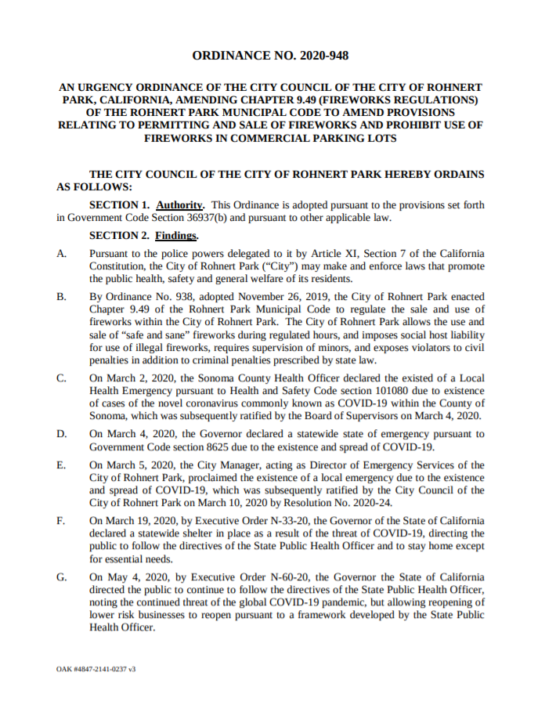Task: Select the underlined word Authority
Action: click(181, 205)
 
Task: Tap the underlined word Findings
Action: click(176, 236)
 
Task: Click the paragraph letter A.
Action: click(62, 254)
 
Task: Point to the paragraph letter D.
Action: click(62, 433)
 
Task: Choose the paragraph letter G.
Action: click(62, 577)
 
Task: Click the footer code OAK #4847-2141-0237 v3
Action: click(96, 670)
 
